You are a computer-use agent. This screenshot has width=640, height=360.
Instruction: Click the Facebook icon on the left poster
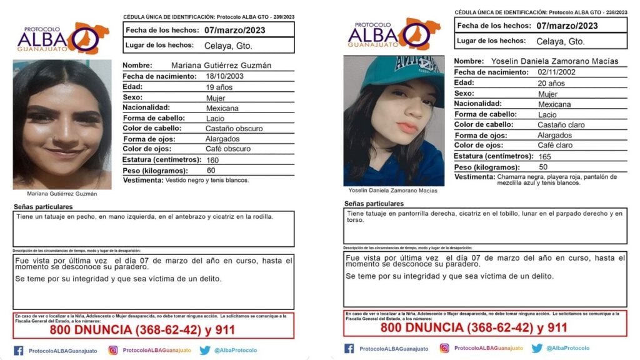point(19,350)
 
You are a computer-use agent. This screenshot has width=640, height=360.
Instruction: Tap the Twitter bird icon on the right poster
point(537,348)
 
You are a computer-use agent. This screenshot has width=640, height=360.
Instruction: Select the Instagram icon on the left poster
point(113,350)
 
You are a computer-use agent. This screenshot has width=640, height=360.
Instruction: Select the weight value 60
point(211,170)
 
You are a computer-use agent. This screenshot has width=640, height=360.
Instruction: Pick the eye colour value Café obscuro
point(227,149)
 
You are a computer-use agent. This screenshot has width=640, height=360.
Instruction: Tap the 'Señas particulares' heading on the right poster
point(374,204)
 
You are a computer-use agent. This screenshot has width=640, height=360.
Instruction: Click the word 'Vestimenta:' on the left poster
point(142,180)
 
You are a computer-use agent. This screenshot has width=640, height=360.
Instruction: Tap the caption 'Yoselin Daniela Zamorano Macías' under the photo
point(394,190)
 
